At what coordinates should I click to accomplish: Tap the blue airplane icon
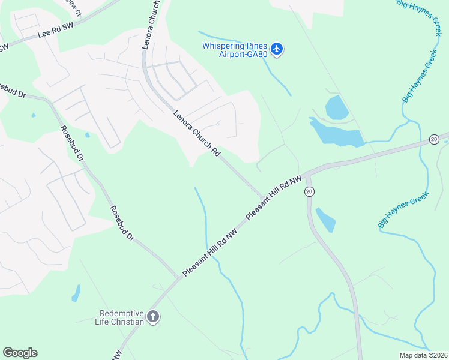click(x=277, y=49)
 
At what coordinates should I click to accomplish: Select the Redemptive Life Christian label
click(x=122, y=317)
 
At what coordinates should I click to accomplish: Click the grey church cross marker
click(x=153, y=316)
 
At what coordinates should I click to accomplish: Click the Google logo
click(x=20, y=353)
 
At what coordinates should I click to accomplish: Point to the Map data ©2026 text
click(x=423, y=355)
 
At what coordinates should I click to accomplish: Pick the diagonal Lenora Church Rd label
click(x=196, y=133)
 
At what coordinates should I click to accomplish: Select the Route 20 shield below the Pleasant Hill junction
click(x=309, y=191)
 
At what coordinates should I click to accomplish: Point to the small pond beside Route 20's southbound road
click(x=325, y=220)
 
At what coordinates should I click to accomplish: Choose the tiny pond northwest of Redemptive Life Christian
click(x=76, y=293)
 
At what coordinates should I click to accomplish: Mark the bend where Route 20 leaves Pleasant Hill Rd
click(x=307, y=175)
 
